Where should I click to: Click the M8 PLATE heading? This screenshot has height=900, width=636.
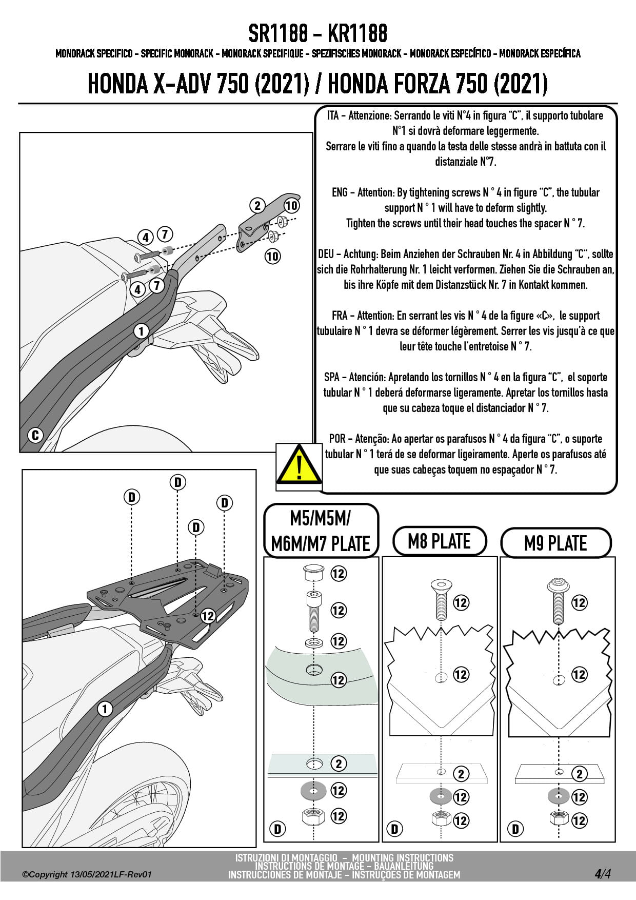pyautogui.click(x=439, y=541)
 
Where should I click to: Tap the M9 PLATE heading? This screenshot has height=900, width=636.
pyautogui.click(x=555, y=543)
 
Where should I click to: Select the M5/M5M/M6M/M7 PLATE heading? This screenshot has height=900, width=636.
pyautogui.click(x=321, y=531)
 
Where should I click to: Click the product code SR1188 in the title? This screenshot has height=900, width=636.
pyautogui.click(x=279, y=34)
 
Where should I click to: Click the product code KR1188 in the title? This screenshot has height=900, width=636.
pyautogui.click(x=357, y=34)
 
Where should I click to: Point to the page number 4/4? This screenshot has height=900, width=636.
pyautogui.click(x=603, y=874)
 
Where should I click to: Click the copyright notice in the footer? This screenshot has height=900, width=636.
pyautogui.click(x=88, y=875)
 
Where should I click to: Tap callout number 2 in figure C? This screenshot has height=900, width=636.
pyautogui.click(x=257, y=206)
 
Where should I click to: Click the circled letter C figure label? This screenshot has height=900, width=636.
pyautogui.click(x=35, y=436)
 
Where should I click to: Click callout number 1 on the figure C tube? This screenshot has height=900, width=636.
pyautogui.click(x=141, y=331)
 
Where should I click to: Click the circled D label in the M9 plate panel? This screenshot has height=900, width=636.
pyautogui.click(x=515, y=829)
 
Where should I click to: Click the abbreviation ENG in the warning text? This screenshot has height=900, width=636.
pyautogui.click(x=340, y=192)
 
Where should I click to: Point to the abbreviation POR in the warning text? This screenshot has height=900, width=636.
pyautogui.click(x=337, y=439)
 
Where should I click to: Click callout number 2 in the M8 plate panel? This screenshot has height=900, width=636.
pyautogui.click(x=461, y=774)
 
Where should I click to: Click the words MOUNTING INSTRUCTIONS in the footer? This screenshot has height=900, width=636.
pyautogui.click(x=403, y=857)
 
